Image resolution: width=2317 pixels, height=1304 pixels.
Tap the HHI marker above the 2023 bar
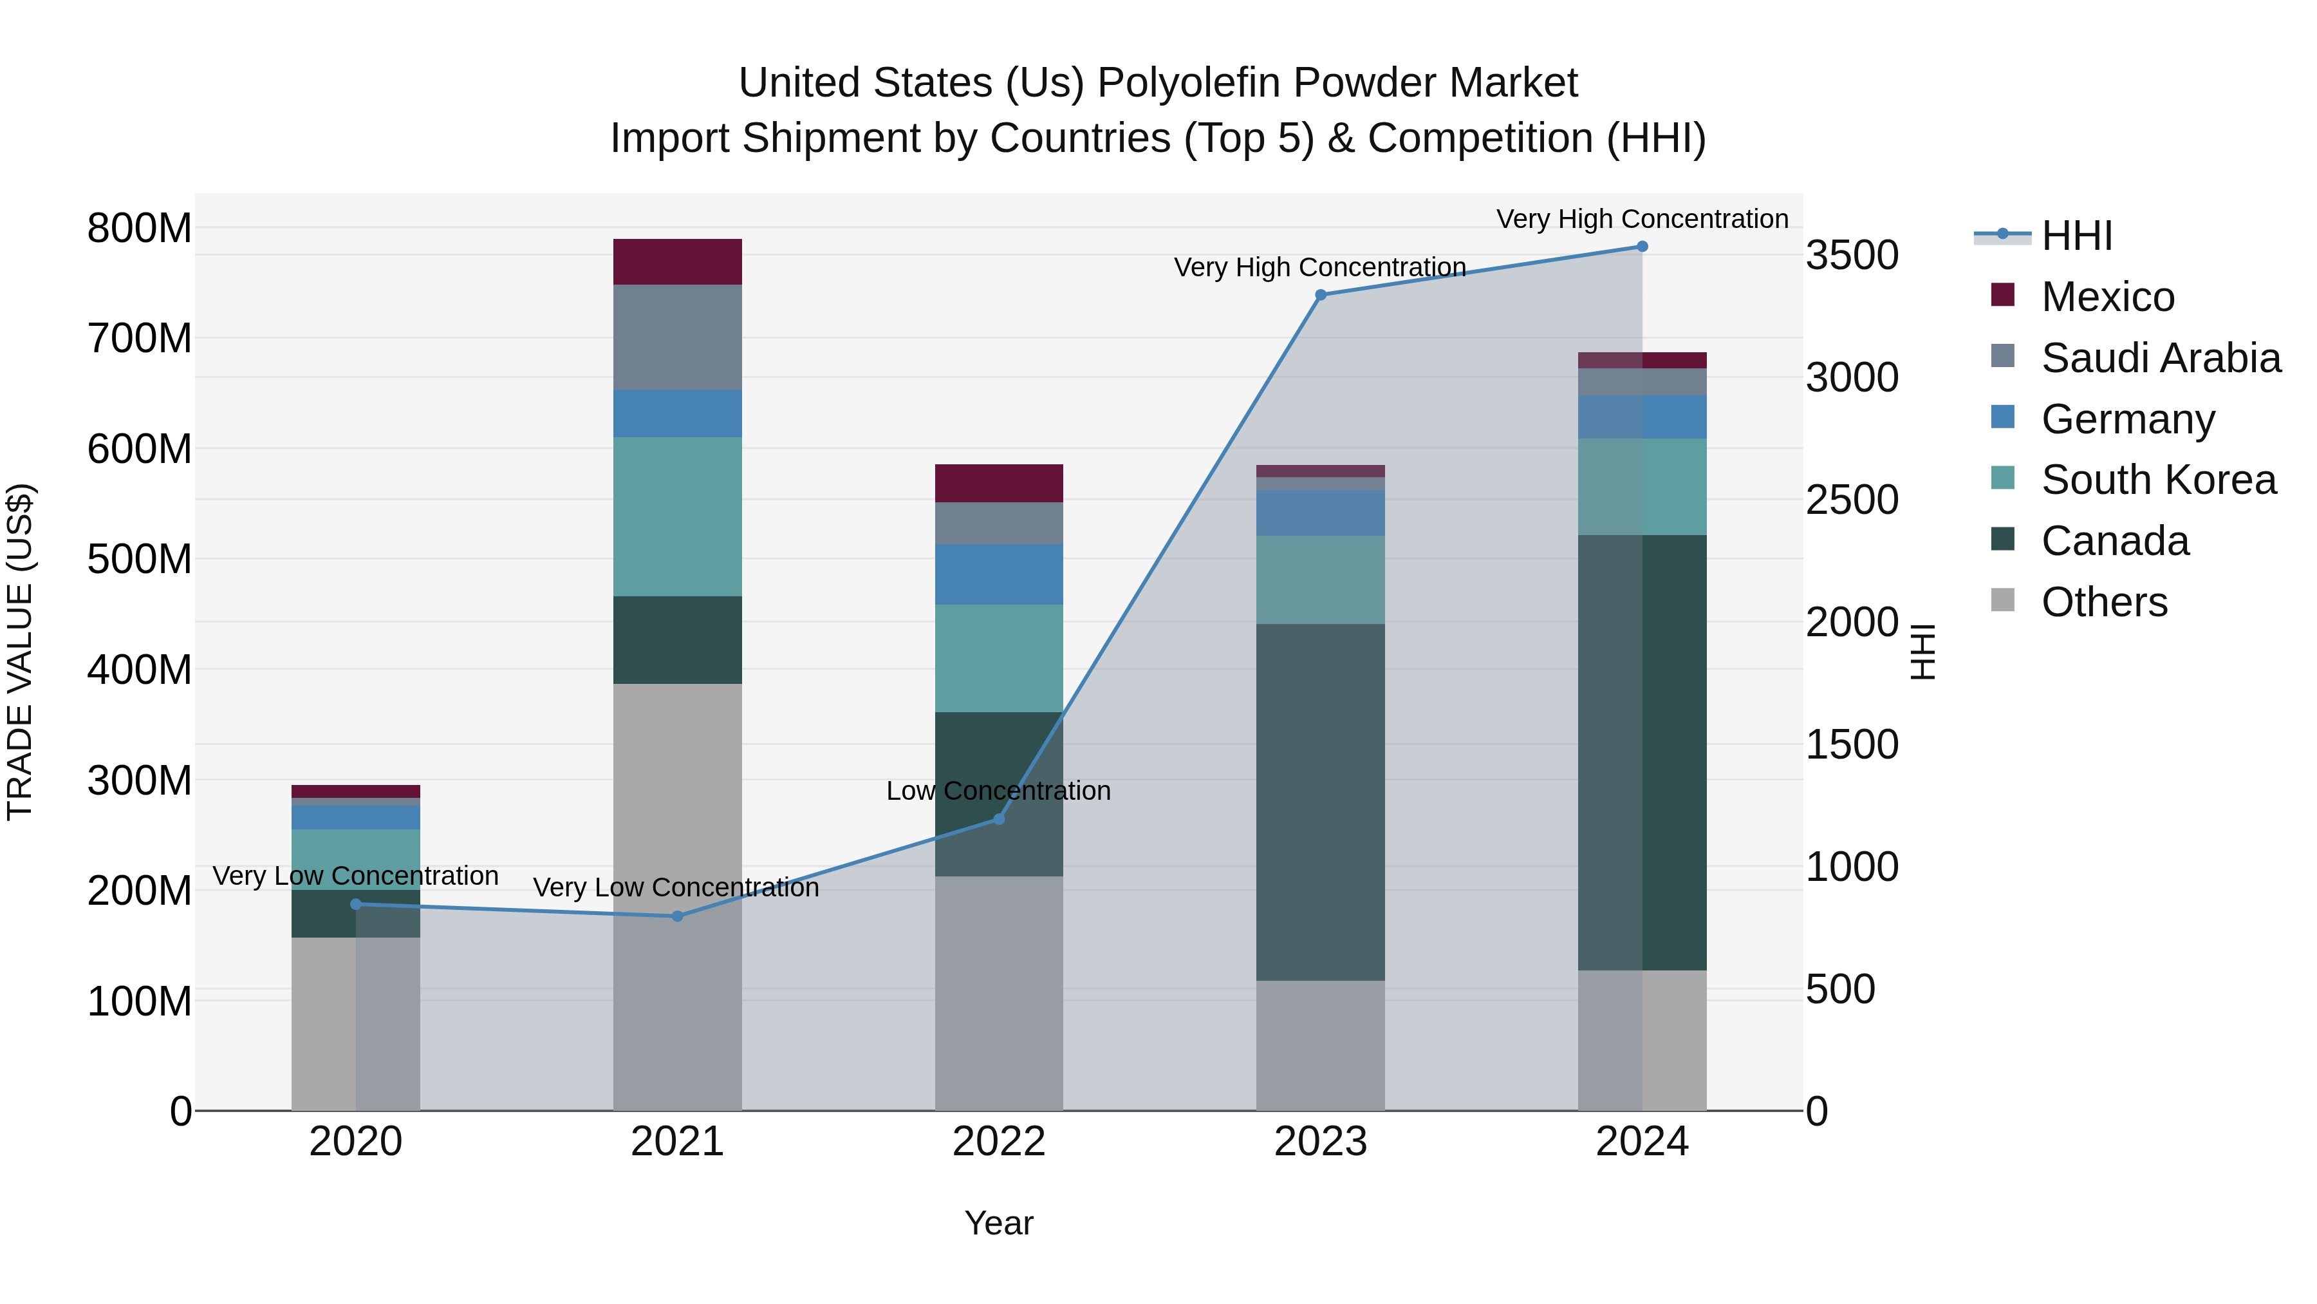click(x=1321, y=295)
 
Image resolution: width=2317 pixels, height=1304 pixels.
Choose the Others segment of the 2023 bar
click(x=1321, y=1045)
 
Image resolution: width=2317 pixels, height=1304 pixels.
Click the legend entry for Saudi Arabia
click(x=2161, y=358)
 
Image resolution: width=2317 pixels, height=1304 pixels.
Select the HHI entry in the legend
click(x=2076, y=236)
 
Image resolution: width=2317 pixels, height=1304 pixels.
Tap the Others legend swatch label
click(x=2104, y=602)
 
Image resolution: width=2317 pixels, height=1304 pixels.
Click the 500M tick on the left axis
click(x=140, y=559)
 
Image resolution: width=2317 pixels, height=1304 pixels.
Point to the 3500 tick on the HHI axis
click(x=1852, y=256)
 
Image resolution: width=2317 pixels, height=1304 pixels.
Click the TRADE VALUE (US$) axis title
click(x=21, y=652)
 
